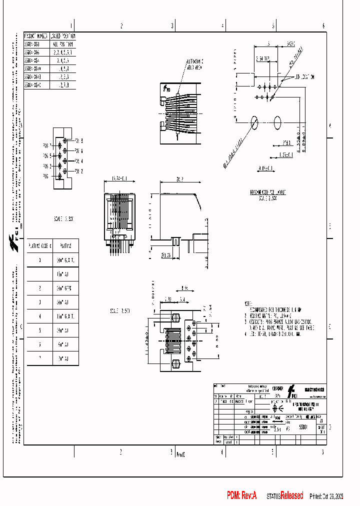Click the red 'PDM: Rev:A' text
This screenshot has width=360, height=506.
[241, 495]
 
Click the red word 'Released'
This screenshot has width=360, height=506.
[291, 495]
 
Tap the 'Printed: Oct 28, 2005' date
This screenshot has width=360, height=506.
[326, 496]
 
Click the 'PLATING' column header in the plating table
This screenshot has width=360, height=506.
[66, 246]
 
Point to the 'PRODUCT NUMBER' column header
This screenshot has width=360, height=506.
[36, 36]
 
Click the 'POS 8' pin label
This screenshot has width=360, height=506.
[78, 141]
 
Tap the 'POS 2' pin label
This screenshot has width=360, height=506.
[78, 171]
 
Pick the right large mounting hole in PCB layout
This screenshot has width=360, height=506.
[278, 121]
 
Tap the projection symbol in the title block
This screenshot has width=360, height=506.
[274, 407]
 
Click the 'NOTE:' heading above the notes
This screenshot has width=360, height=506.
[248, 303]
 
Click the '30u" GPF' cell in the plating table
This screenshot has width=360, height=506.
[64, 288]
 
